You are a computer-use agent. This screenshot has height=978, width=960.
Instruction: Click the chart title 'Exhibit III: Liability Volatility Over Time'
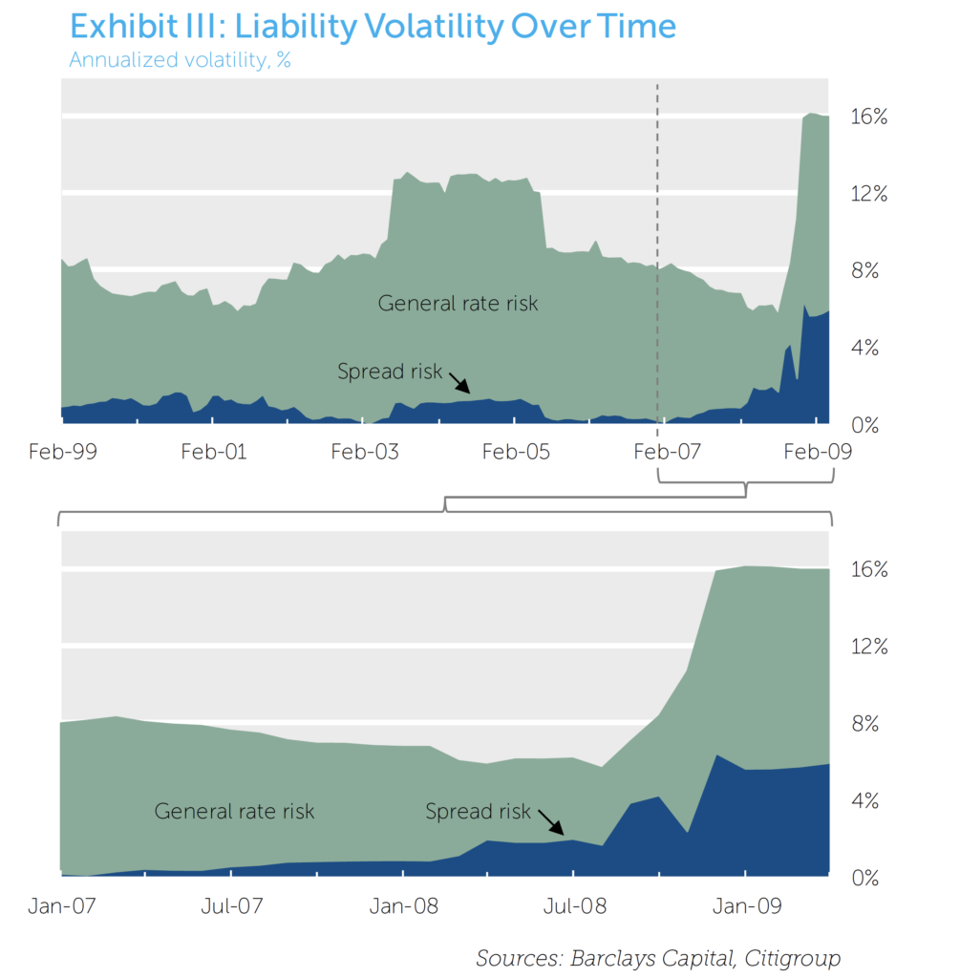pyautogui.click(x=373, y=26)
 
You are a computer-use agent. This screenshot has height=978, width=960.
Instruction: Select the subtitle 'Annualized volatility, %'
pyautogui.click(x=180, y=61)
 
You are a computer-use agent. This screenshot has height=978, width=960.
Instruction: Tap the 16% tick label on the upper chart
pyautogui.click(x=869, y=117)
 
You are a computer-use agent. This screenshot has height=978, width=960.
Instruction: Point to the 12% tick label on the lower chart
pyautogui.click(x=869, y=647)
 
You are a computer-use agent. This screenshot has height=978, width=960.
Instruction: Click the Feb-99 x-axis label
pyautogui.click(x=62, y=452)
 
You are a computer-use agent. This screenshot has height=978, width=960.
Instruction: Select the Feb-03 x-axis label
pyautogui.click(x=365, y=452)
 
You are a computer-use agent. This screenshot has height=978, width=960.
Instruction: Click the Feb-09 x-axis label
pyautogui.click(x=818, y=452)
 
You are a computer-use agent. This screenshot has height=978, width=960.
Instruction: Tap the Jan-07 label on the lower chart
pyautogui.click(x=62, y=905)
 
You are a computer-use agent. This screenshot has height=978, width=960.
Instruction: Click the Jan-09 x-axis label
pyautogui.click(x=746, y=905)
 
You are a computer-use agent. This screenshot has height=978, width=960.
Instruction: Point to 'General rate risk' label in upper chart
pyautogui.click(x=458, y=304)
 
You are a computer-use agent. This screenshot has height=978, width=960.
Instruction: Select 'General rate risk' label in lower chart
pyautogui.click(x=234, y=812)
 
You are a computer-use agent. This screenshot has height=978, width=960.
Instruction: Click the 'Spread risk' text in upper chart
pyautogui.click(x=390, y=372)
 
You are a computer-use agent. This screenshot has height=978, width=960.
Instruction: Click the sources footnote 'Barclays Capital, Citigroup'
pyautogui.click(x=658, y=958)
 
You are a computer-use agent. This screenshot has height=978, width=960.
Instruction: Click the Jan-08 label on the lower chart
pyautogui.click(x=403, y=905)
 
